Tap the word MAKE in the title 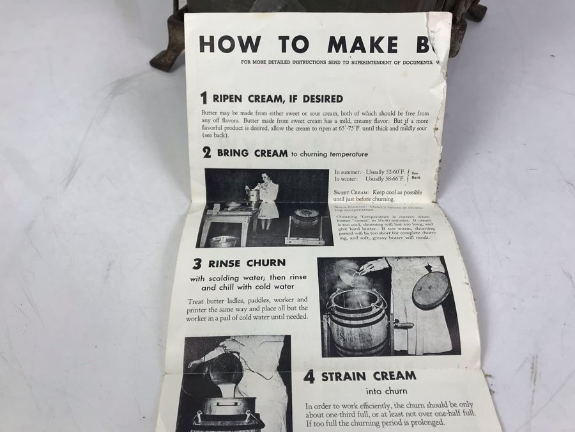(362, 44)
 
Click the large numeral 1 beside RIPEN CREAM (203, 98)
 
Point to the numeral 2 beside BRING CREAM (207, 153)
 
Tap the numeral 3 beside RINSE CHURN (197, 263)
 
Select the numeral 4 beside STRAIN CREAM (309, 376)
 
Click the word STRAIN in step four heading (342, 376)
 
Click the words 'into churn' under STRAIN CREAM (386, 391)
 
